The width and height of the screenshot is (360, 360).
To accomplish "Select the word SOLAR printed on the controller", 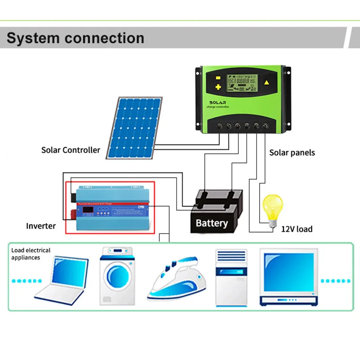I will [220, 103].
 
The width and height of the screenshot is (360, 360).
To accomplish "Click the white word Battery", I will [211, 223].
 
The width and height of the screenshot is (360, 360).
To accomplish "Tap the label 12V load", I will [297, 229].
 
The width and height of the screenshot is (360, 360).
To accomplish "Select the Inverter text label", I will [41, 226].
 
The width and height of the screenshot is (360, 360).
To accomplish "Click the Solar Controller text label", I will [71, 150].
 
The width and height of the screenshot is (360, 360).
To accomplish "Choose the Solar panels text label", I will [292, 153].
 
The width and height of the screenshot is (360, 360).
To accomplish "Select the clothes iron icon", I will [174, 278].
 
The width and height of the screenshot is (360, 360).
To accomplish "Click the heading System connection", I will [75, 38].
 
